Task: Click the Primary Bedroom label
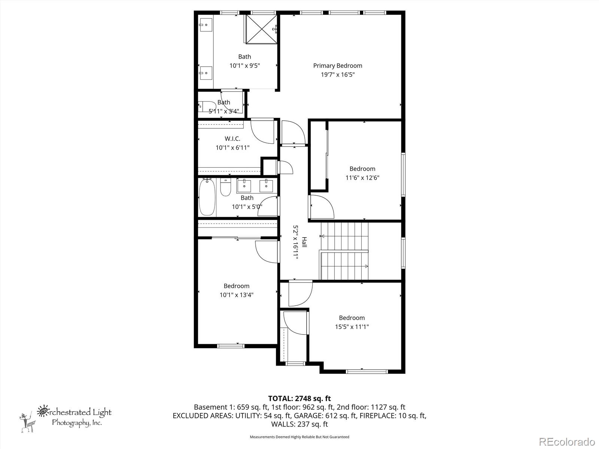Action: [x=338, y=65]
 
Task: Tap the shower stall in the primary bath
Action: [x=262, y=29]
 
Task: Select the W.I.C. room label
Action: [x=232, y=138]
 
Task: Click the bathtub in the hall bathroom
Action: [x=207, y=197]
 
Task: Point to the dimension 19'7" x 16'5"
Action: [x=338, y=74]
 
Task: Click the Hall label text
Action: [x=304, y=242]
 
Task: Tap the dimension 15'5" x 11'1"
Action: [x=352, y=327]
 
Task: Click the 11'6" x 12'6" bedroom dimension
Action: [x=362, y=178]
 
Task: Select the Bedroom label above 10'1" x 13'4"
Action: [x=237, y=286]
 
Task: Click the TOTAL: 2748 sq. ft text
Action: [x=299, y=398]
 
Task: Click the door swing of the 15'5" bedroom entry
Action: [x=299, y=294]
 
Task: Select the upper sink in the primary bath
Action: [x=206, y=25]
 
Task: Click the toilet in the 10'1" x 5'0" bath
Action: [x=225, y=187]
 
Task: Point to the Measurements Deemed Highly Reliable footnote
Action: [x=299, y=437]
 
